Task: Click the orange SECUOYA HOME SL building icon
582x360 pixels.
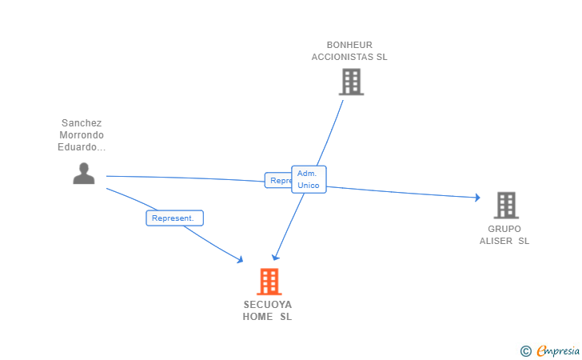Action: coord(269,282)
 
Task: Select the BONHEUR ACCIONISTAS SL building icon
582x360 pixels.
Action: coord(351,82)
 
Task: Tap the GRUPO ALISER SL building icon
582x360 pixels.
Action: coord(505,206)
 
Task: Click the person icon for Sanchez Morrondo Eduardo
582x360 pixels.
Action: coord(84,173)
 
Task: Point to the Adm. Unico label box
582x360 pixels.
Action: coord(309,179)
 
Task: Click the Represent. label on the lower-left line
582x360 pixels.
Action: coord(174,218)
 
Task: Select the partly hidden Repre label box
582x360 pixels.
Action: coord(277,181)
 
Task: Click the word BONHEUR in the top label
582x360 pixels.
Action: coord(349,45)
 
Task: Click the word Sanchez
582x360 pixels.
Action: coord(82,123)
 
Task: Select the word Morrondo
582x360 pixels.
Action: coord(82,135)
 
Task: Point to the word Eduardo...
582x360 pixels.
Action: coord(80,147)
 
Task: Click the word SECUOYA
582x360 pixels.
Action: coord(268,305)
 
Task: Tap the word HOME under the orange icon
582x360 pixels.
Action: coord(257,317)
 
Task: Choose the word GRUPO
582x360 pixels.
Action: coord(504,229)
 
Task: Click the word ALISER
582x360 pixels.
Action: coord(496,241)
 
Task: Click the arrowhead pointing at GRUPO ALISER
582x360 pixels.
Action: coord(476,198)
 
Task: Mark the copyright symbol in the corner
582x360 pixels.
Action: coord(525,350)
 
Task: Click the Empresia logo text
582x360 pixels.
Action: coord(559,350)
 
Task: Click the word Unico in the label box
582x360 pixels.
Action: coord(309,186)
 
